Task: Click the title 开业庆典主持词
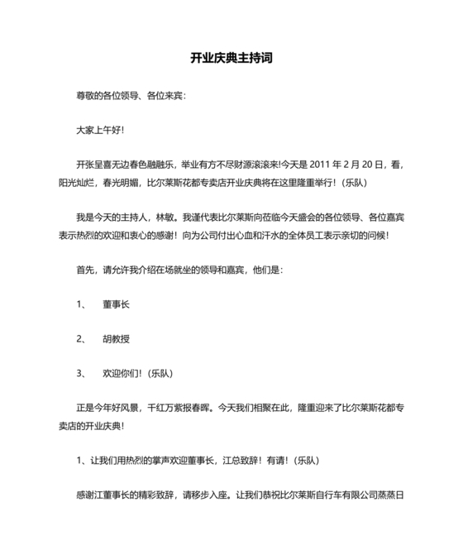(x=231, y=59)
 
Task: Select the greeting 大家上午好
(x=98, y=131)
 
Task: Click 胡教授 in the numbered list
(x=116, y=339)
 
